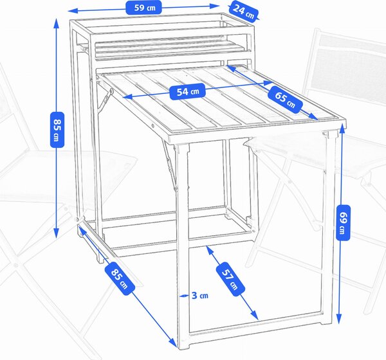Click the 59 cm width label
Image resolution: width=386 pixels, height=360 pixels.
[143, 7]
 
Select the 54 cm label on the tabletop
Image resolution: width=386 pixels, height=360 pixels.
[188, 91]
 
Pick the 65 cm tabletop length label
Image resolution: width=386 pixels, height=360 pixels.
[285, 99]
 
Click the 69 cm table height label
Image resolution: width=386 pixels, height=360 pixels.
[343, 222]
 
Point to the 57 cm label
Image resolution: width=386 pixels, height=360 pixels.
[230, 279]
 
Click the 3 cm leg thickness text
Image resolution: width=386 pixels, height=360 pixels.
[200, 295]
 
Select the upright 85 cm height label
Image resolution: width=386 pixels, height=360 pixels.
[57, 130]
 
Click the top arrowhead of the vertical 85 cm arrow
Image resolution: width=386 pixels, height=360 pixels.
[57, 22]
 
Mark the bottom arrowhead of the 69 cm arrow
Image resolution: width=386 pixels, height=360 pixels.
[339, 319]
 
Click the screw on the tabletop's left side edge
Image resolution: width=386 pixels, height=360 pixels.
[153, 126]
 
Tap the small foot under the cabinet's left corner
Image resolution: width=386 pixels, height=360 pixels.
[101, 258]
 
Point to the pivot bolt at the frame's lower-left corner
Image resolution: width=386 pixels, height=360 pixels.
[77, 219]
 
